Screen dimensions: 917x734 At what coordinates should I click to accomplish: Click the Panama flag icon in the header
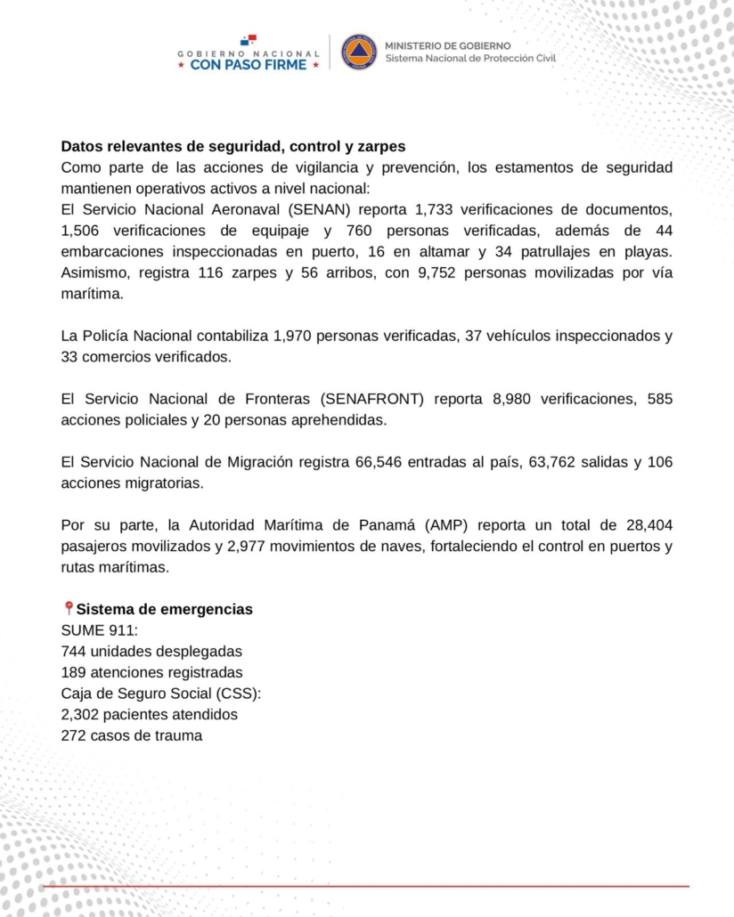(x=248, y=39)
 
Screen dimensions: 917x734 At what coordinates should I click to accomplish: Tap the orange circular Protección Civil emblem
(x=359, y=53)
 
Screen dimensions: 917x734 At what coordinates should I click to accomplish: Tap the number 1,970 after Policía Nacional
(x=294, y=336)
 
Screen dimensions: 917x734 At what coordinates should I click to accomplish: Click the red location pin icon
(x=69, y=609)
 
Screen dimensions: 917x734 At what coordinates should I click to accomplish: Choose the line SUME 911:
(x=93, y=630)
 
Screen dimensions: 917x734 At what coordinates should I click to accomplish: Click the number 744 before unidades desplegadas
(x=75, y=651)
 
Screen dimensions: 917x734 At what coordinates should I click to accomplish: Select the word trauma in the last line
(x=178, y=735)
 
